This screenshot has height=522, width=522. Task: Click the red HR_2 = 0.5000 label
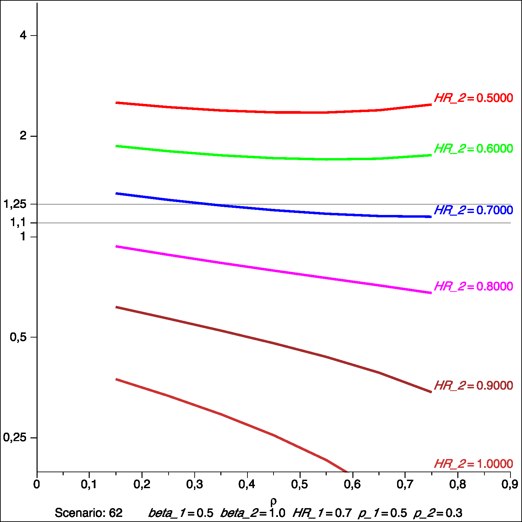point(473,98)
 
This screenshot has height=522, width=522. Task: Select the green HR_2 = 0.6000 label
point(473,149)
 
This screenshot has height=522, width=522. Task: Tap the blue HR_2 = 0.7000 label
point(473,210)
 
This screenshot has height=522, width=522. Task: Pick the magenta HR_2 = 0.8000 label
point(473,286)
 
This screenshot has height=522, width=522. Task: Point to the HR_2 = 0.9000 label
point(473,386)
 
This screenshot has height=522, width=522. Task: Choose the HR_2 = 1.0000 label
point(473,464)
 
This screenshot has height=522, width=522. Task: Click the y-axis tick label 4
point(23,35)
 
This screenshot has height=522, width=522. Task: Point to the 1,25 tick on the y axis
point(15,204)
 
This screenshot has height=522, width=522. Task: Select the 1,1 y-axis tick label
point(18,222)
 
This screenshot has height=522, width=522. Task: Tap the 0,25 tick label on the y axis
point(15,437)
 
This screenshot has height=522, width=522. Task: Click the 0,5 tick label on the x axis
point(300,485)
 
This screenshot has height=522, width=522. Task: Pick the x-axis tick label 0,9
point(509,485)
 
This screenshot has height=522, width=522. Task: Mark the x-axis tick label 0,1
point(89,485)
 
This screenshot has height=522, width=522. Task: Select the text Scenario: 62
point(89,513)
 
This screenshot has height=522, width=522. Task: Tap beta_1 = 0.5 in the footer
point(181,513)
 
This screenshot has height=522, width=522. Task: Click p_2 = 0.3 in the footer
point(438,513)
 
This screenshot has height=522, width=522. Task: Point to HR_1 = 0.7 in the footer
point(322,513)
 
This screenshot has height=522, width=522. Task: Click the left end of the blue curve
point(116,194)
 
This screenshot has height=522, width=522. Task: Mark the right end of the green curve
point(431,155)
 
